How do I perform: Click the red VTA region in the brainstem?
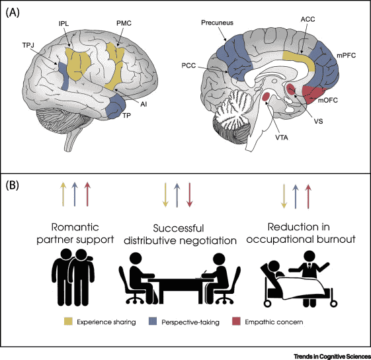click(x=266, y=98)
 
